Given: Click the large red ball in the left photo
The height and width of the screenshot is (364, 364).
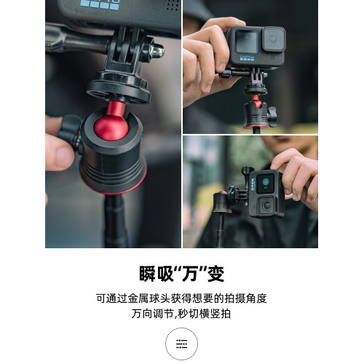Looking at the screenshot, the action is [x=111, y=128].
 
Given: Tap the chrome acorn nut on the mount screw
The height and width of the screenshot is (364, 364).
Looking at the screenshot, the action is [x=157, y=51].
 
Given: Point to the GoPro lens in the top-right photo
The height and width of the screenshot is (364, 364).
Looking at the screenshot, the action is [x=274, y=39].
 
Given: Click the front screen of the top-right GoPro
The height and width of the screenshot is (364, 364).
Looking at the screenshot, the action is [x=247, y=41].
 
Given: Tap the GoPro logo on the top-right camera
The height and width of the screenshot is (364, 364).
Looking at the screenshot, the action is [x=247, y=58].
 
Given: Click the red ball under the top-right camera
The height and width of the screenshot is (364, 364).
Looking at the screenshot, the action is [x=256, y=100].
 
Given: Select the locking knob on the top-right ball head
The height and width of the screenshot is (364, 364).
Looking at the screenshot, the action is [x=272, y=116].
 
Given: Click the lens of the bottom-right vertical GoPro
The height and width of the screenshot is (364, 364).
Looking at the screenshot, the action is [x=266, y=205].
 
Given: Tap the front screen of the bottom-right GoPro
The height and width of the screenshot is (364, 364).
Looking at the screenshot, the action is [x=265, y=183].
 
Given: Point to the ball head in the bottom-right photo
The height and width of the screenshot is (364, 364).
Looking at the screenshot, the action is [x=222, y=202].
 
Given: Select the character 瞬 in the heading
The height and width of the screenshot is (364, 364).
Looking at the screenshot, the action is [x=148, y=274].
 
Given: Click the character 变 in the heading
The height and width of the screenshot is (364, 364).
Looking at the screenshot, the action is [x=216, y=274].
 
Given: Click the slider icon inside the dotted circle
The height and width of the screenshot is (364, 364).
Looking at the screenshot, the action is [x=181, y=344].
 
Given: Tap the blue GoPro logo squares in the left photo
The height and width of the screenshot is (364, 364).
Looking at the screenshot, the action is [x=100, y=5].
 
